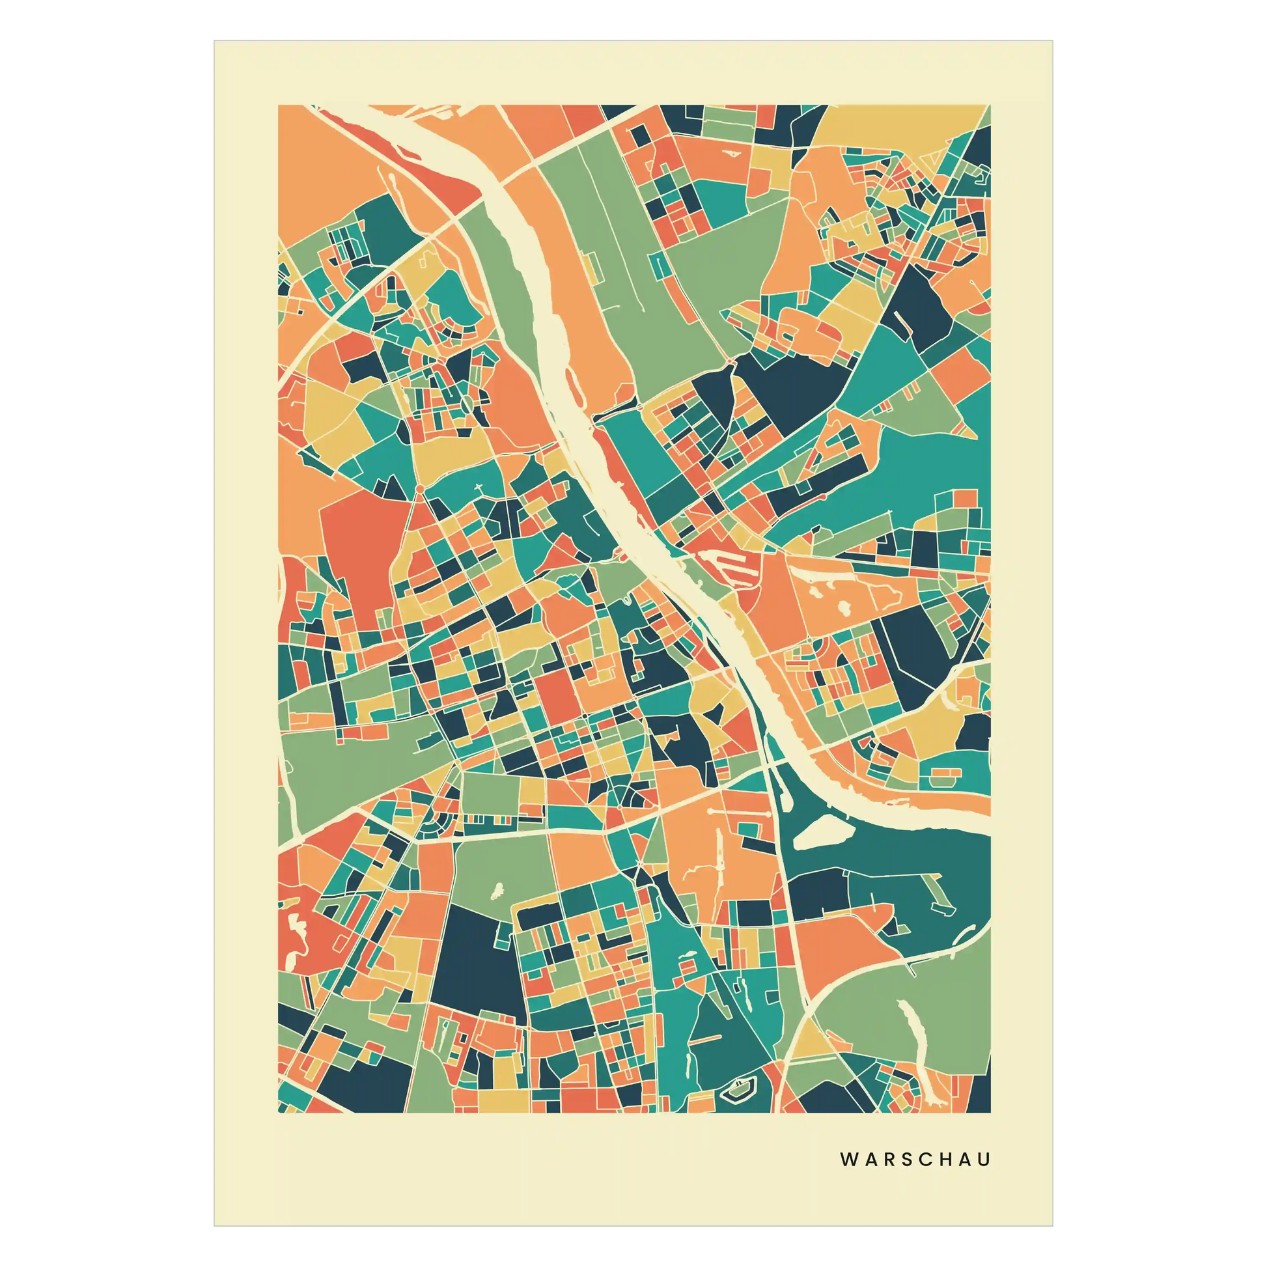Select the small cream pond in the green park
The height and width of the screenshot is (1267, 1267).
click(x=496, y=891)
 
